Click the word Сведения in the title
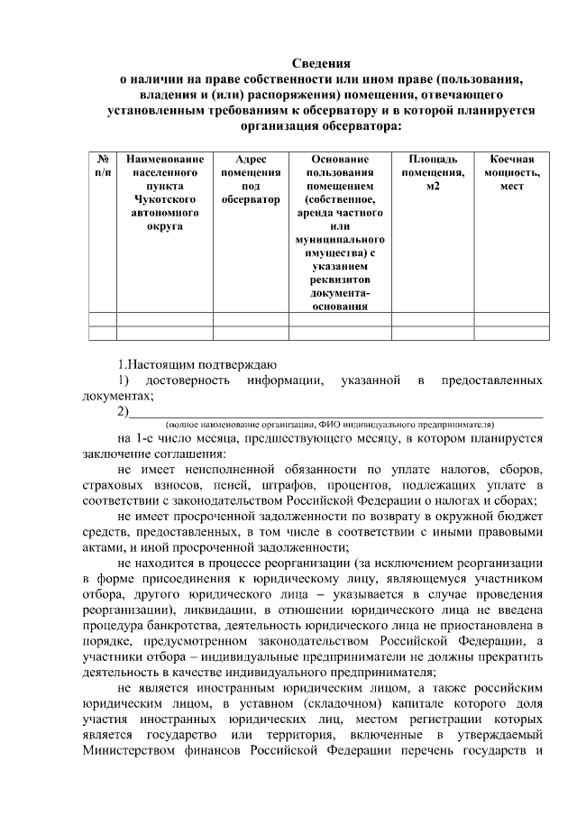pyautogui.click(x=320, y=63)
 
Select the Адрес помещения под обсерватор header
pyautogui.click(x=251, y=178)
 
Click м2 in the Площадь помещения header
pyautogui.click(x=433, y=185)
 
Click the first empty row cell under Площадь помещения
pyautogui.click(x=433, y=319)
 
